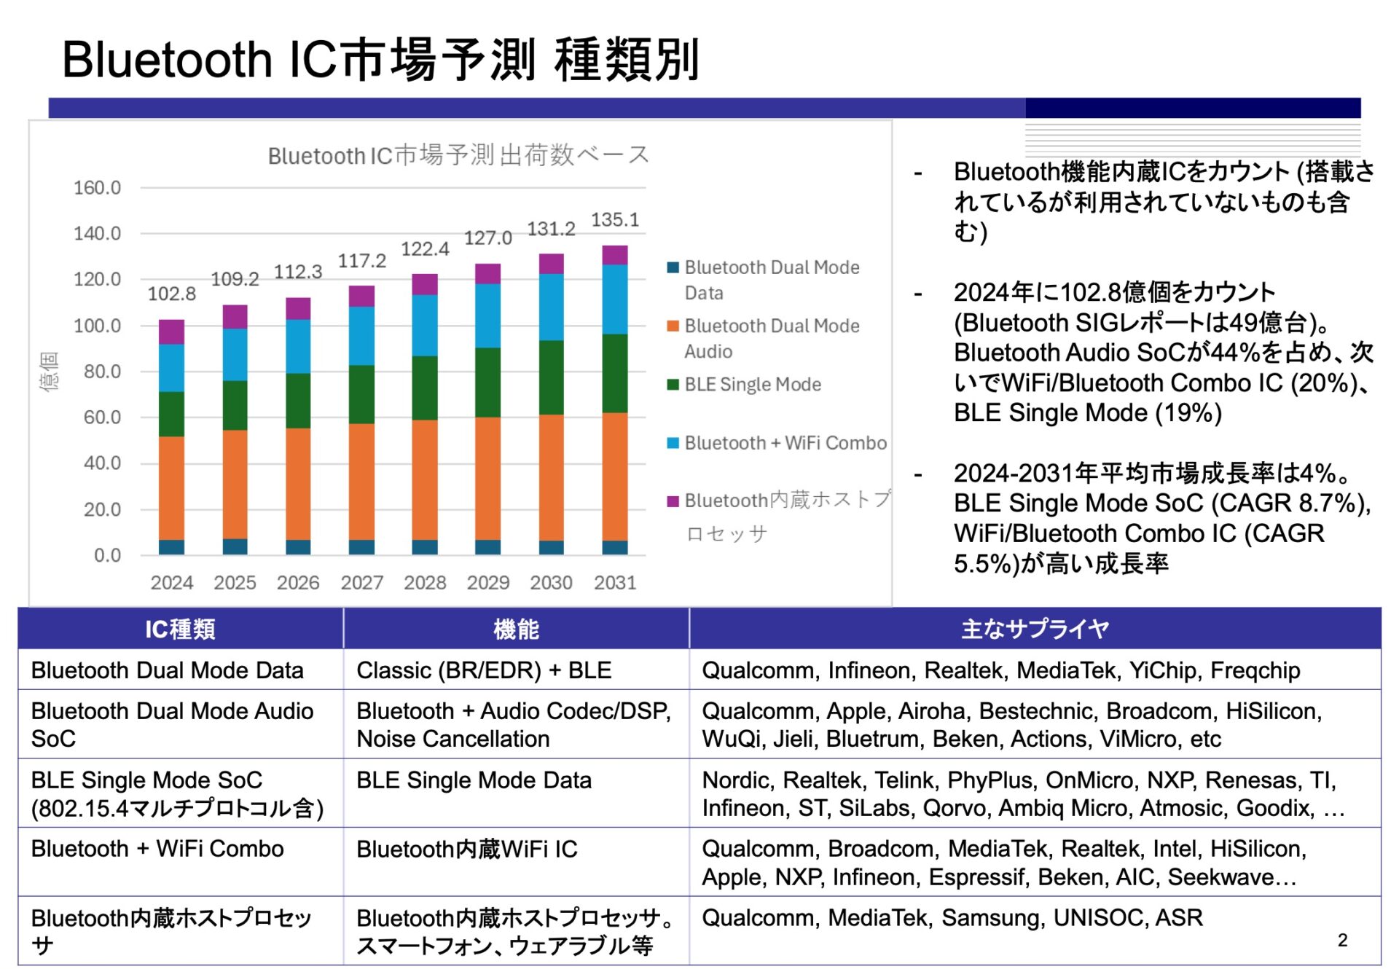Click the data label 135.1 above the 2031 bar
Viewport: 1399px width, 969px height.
click(x=614, y=220)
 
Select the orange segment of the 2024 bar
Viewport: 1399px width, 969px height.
click(x=171, y=487)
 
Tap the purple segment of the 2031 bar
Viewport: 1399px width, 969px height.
click(x=614, y=255)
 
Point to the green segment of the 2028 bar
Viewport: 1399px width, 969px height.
click(x=425, y=388)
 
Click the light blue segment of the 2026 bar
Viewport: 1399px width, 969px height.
click(x=298, y=346)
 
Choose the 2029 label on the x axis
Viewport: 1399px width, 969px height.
click(x=488, y=583)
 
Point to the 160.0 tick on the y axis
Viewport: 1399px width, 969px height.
click(x=97, y=188)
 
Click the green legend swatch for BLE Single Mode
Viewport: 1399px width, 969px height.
click(x=673, y=385)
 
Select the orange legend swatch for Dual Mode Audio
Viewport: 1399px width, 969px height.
click(x=673, y=326)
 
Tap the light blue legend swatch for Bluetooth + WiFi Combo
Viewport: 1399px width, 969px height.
click(x=673, y=443)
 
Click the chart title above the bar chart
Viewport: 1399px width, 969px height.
click(x=458, y=155)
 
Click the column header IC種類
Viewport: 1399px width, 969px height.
click(x=180, y=629)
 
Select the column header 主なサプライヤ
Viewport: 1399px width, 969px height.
click(x=1035, y=628)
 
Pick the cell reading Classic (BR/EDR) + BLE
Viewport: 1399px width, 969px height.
click(x=484, y=670)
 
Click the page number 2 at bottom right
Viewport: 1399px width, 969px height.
click(x=1342, y=940)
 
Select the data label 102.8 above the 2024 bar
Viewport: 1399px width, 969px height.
click(x=171, y=294)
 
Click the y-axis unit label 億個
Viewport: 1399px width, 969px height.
click(x=49, y=372)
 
